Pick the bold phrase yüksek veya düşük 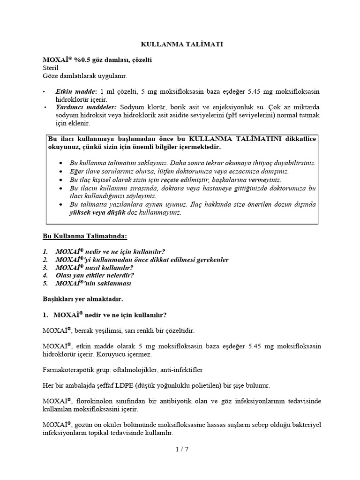pyautogui.click(x=95, y=212)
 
